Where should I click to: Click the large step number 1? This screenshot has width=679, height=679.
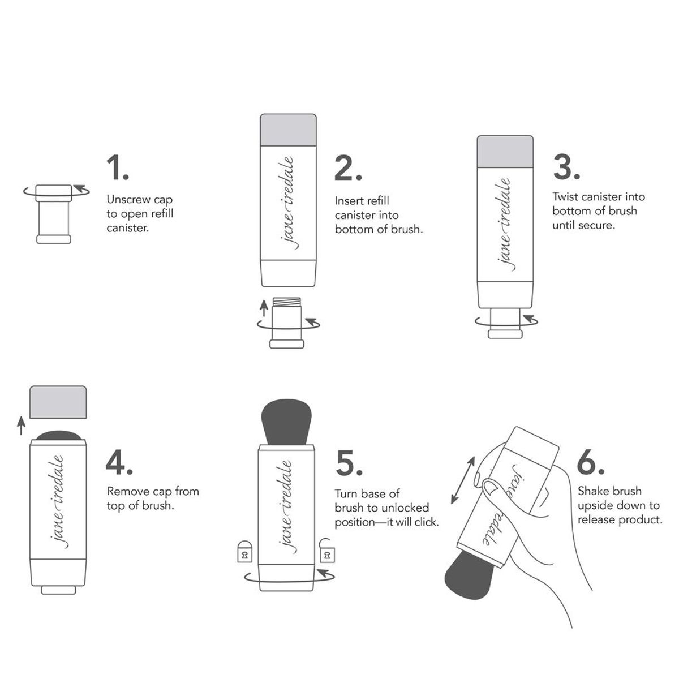[x=117, y=168]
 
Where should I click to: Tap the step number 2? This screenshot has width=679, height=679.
[x=347, y=168]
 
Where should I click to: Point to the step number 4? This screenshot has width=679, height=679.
[x=119, y=462]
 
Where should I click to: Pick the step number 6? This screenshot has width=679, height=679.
[x=591, y=463]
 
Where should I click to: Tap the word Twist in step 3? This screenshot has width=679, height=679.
[x=565, y=197]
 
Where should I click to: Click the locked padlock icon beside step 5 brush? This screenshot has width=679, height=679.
[x=244, y=551]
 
